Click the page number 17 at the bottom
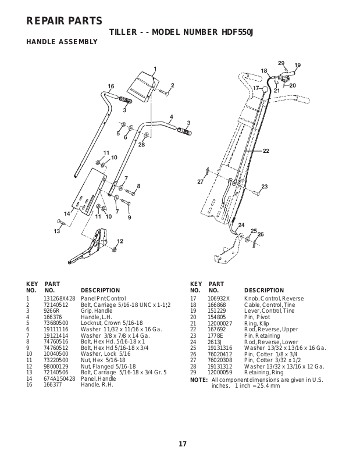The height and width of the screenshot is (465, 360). coord(183,443)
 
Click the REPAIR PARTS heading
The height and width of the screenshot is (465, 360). coord(64,21)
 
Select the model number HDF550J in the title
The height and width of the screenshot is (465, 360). coord(237,32)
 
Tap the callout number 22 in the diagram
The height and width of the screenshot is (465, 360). coord(266,151)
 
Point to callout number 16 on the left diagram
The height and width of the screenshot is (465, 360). coord(111,86)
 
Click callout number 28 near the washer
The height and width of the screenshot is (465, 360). coord(141,145)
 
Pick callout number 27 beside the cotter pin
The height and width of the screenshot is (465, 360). coord(200,181)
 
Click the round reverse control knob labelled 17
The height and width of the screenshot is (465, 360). coord(265,89)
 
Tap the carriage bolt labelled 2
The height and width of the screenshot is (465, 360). coord(163,92)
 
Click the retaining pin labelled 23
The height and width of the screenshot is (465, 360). coord(256,193)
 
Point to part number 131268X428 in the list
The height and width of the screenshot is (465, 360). coord(59,299)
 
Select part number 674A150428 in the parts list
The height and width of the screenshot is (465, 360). coord(59,379)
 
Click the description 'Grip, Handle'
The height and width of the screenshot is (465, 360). coord(97,311)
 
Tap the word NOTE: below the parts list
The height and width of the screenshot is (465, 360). coord(198,380)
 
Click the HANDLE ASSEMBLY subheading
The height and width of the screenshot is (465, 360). coord(62,42)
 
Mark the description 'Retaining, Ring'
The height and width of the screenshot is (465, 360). coord(264,373)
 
